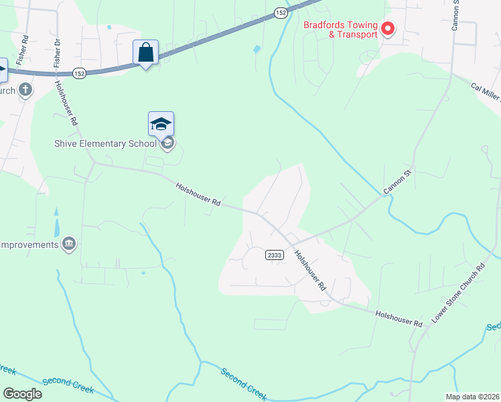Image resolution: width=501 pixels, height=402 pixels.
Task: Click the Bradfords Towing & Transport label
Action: (341, 30)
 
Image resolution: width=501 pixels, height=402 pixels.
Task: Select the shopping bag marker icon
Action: (146, 52)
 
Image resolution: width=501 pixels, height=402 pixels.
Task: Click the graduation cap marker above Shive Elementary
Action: (161, 124)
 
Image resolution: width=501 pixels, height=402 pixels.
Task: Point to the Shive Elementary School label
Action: (105, 143)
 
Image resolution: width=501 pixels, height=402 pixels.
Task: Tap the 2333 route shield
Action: (274, 255)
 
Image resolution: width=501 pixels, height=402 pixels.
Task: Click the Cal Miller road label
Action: (486, 92)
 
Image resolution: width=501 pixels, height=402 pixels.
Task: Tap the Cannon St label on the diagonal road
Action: (396, 183)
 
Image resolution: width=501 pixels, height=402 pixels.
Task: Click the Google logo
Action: (22, 394)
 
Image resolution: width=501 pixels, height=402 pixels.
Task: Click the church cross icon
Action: (25, 90)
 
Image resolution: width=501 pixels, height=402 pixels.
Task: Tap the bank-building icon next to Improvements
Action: (68, 245)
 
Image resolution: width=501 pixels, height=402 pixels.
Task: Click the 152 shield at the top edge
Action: (281, 13)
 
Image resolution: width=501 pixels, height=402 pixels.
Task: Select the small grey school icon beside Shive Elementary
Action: (167, 142)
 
